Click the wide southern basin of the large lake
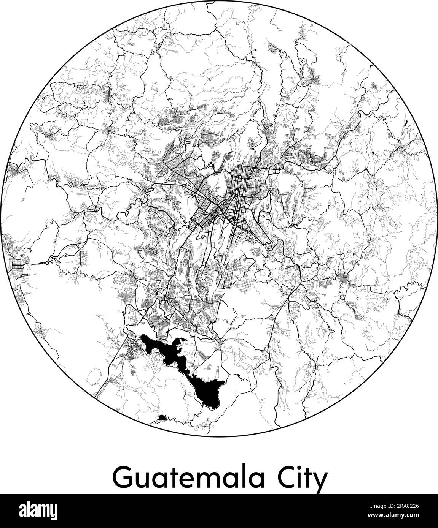(x=207, y=391)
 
